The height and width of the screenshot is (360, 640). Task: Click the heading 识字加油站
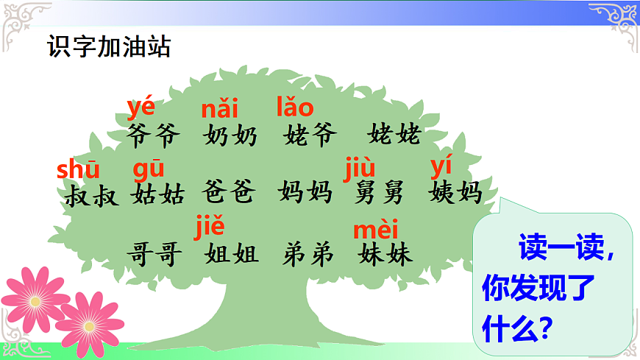click(108, 47)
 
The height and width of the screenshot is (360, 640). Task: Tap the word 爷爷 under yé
click(153, 135)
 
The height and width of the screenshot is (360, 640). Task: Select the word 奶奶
click(230, 135)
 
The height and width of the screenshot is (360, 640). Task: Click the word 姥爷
click(310, 135)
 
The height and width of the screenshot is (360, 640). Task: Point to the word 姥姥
click(394, 135)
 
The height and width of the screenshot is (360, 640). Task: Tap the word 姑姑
click(157, 194)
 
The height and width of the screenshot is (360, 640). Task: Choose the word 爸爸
click(228, 193)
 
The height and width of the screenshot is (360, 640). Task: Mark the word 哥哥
click(154, 255)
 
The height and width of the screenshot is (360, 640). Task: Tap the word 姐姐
click(232, 255)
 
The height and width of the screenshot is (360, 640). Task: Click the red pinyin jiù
click(360, 169)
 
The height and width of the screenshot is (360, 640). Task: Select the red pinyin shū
click(78, 170)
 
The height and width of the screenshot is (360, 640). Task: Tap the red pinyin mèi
click(375, 230)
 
